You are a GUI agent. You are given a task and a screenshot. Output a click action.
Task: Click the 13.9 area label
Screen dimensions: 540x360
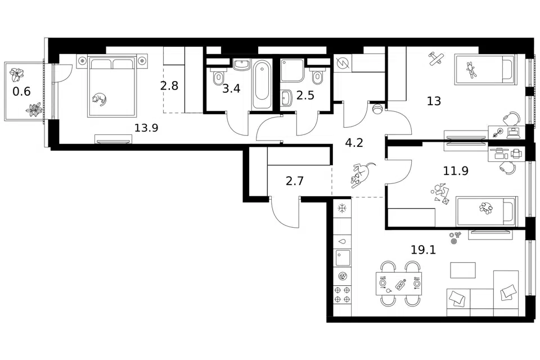[146, 128]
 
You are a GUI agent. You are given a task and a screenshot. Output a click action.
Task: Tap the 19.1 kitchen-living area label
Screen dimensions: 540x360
[423, 249]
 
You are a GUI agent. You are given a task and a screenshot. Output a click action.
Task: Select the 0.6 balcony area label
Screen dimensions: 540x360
[21, 92]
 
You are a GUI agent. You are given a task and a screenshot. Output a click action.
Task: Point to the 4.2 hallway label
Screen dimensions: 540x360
[354, 143]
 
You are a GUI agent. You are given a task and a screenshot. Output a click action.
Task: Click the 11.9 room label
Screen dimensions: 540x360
[456, 170]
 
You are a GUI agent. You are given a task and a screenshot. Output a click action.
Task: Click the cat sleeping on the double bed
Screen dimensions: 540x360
[100, 99]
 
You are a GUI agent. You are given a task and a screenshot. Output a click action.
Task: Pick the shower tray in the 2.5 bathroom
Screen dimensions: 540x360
[292, 70]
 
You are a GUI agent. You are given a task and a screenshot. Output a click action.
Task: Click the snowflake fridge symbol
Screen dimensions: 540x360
[342, 209]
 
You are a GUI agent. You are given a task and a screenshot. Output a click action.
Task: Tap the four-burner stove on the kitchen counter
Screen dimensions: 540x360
[342, 295]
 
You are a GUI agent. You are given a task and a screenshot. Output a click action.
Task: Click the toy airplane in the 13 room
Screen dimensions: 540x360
[435, 58]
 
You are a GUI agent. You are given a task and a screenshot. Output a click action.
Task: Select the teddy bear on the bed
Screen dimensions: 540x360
[471, 70]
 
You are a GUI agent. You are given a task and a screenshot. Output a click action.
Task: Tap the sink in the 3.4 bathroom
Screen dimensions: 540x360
[241, 65]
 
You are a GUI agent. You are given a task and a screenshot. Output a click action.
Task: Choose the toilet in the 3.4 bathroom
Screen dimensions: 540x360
[218, 78]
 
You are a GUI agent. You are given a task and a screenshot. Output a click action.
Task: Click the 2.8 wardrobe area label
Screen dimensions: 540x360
[169, 85]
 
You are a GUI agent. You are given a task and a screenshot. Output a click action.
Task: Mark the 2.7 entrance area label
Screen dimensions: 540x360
[294, 181]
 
